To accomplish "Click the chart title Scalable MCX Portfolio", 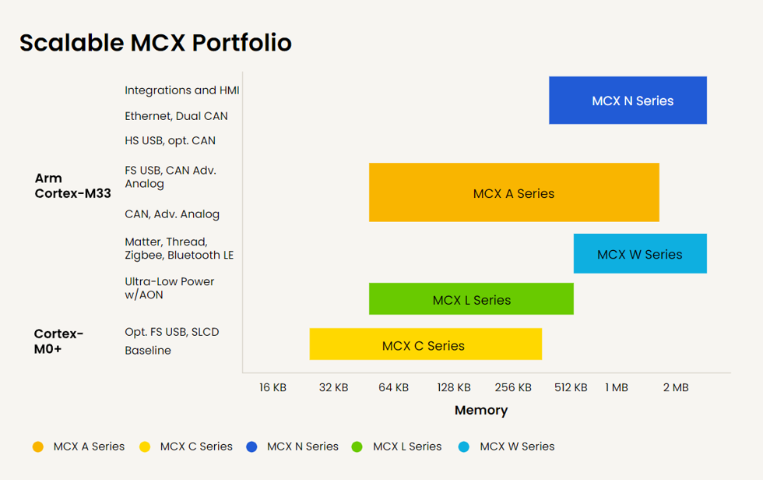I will (x=156, y=42).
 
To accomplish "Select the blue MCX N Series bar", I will (x=628, y=101).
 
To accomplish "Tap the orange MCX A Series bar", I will (x=514, y=192).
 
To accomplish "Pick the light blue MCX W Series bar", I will (x=640, y=254).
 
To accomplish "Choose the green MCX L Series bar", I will (x=471, y=299).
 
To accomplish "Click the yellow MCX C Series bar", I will (x=425, y=344).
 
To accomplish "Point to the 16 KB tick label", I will (x=272, y=387).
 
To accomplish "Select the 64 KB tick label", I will (x=393, y=387).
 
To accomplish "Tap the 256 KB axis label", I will (x=513, y=387).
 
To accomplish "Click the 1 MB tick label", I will (x=616, y=387).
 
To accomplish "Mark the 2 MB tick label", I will (x=676, y=387).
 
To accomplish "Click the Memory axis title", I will (x=481, y=410).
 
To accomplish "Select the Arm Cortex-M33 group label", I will (x=72, y=185).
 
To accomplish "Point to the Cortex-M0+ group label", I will (x=58, y=341).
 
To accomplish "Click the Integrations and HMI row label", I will (x=181, y=90).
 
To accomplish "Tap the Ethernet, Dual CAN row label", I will (x=176, y=116).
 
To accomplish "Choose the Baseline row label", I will (x=148, y=351).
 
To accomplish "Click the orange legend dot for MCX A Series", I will (x=38, y=447).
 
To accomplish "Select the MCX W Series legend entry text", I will (x=517, y=446).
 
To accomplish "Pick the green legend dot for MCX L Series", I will (x=357, y=447).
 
